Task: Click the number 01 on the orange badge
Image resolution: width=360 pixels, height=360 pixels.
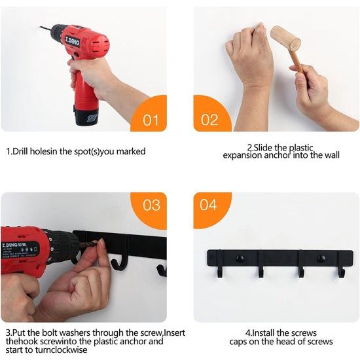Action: click(x=151, y=120)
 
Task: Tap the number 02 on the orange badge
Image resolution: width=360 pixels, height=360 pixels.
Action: click(x=209, y=120)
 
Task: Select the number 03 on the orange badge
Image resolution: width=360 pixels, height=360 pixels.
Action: click(x=151, y=205)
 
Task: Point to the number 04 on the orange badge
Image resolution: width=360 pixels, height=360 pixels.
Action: click(x=208, y=205)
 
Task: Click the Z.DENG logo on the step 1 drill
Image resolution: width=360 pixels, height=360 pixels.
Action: click(x=72, y=41)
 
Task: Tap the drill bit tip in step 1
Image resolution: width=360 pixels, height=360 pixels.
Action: click(x=40, y=27)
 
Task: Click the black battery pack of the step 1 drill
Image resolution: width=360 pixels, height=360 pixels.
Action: click(x=86, y=117)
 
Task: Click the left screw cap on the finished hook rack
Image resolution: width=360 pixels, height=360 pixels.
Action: click(x=240, y=259)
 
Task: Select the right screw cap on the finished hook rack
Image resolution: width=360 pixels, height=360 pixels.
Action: click(x=321, y=259)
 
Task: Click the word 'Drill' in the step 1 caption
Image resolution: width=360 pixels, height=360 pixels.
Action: click(x=20, y=151)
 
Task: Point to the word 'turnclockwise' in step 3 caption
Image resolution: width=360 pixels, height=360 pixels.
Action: click(x=62, y=350)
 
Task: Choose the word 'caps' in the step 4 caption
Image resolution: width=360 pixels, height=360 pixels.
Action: click(x=238, y=342)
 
